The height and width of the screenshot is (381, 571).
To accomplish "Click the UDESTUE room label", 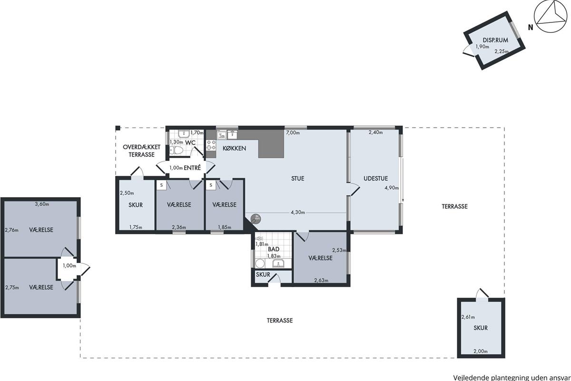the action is point(375,179).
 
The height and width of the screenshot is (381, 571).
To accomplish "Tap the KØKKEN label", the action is point(234,148).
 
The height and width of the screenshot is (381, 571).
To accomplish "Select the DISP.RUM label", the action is point(495,40).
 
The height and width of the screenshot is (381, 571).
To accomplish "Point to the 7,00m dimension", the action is point(293,133).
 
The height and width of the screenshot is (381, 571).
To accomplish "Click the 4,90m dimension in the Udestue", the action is point(392,188).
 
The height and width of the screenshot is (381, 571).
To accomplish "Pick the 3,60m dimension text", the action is point(42,204).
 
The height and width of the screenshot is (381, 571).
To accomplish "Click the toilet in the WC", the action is point(176,150).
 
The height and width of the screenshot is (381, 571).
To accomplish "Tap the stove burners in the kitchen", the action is point(211,145).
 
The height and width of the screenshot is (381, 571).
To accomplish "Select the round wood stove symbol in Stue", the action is point(256,219).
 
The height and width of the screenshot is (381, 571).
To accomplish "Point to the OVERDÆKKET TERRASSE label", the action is point(141,151).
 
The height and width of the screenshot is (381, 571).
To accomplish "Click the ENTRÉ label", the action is point(192,168).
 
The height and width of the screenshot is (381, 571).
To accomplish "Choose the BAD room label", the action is point(274,249).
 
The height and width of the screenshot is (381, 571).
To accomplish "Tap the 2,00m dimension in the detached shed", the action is point(481,351).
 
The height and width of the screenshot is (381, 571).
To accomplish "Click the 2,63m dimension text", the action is point(321,280).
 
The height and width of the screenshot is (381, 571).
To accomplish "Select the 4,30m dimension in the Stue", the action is point(298,212).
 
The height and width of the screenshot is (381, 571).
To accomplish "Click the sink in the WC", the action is point(184,134).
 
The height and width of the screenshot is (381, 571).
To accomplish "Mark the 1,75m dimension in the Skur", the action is point(136,227).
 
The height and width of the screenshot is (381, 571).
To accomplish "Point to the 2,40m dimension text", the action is point(376,132).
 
